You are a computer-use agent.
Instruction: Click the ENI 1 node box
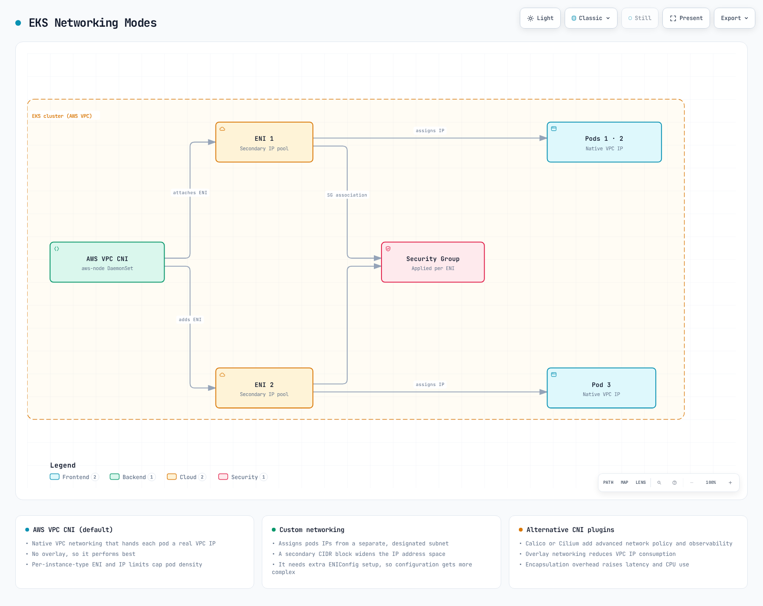[264, 142]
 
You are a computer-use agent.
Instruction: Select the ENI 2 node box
[264, 388]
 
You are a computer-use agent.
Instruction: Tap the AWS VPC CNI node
[107, 262]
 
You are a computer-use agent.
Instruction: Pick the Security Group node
[433, 262]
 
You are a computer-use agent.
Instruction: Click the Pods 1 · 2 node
[604, 142]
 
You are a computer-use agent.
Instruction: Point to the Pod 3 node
[601, 388]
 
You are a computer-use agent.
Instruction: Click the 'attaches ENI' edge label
[190, 193]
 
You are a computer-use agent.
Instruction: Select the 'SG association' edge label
[347, 195]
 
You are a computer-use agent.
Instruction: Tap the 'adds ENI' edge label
[190, 320]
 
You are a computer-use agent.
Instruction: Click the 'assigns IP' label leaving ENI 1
[430, 131]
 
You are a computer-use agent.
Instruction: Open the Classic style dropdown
[591, 18]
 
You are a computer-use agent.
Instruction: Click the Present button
[686, 18]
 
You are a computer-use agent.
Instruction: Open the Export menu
[734, 18]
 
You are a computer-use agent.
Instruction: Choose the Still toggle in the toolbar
[639, 18]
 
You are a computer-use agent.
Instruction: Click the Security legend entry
[243, 477]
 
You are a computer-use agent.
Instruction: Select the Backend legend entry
[133, 477]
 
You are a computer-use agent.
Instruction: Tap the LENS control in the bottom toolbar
[640, 482]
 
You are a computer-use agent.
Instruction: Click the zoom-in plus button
[731, 482]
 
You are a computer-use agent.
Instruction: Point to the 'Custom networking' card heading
[312, 530]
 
